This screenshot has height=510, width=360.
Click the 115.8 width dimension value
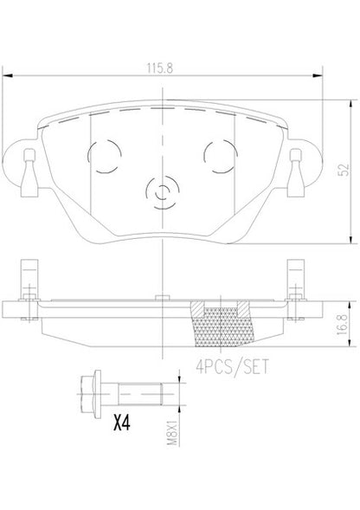(x=160, y=68)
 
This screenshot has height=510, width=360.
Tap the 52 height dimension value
(x=344, y=170)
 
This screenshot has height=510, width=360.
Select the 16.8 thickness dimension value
(x=342, y=324)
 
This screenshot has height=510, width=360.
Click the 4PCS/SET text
(x=233, y=366)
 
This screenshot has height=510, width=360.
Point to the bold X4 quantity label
(x=122, y=423)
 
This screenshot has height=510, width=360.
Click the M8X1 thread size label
(x=172, y=433)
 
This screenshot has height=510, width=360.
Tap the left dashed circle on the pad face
(x=105, y=157)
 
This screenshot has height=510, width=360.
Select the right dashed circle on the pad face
(x=220, y=157)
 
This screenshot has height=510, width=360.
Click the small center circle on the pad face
(x=162, y=192)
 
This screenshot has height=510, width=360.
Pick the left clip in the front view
(x=29, y=173)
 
